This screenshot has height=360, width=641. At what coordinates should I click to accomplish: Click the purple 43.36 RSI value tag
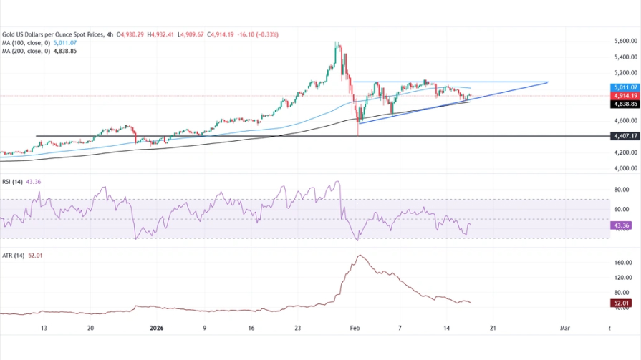click(621, 226)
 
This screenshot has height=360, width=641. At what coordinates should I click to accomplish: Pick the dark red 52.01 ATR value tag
click(621, 303)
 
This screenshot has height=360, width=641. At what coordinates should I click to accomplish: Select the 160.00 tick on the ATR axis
click(622, 263)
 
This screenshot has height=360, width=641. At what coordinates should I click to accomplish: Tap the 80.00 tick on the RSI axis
click(621, 190)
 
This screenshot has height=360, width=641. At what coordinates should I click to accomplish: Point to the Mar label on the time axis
click(564, 329)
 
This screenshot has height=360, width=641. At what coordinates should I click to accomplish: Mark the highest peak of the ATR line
click(359, 256)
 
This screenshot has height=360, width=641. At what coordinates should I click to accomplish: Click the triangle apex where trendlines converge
click(549, 82)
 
